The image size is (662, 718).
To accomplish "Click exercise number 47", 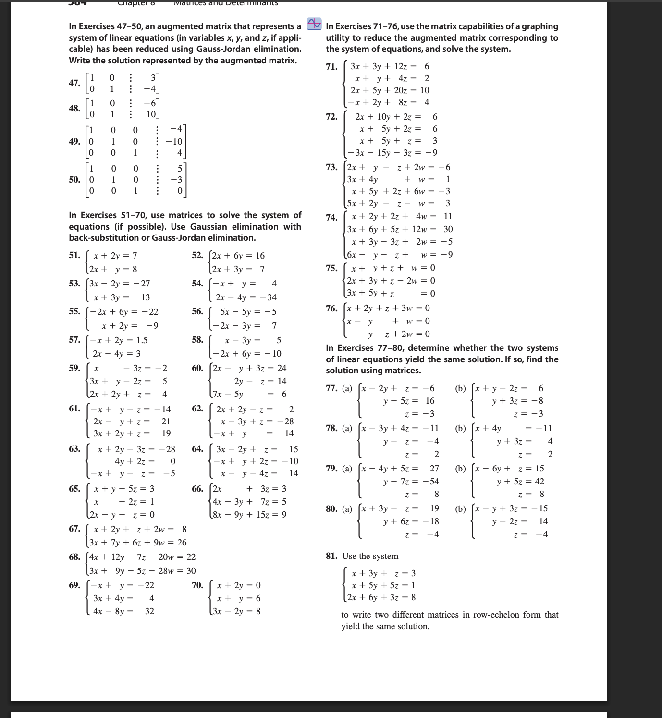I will pos(74,83).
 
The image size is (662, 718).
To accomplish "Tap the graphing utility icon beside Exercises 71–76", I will pos(314,24).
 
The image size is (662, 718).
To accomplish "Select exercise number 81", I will pos(331,556).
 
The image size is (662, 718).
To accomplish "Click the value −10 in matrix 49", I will pos(173,142).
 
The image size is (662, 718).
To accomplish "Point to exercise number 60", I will pos(197,368).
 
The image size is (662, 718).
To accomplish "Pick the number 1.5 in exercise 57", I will pos(142,340).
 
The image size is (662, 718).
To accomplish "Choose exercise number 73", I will pos(331,167).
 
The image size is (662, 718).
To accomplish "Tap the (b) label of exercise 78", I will pos(460,428).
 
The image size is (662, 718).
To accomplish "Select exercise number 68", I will pos(74,557).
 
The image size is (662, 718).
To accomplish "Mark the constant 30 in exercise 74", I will pos(448,229).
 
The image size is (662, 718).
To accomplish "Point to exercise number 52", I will pos(197,255).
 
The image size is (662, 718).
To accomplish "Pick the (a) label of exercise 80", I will pos(347,508).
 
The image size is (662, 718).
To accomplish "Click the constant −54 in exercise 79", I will pos(430,482).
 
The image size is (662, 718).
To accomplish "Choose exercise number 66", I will pos(197,489).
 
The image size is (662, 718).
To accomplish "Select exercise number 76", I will pos(331,308).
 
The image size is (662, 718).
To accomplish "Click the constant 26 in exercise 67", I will pos(182,543).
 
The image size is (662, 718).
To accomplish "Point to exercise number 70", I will pos(197,585).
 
